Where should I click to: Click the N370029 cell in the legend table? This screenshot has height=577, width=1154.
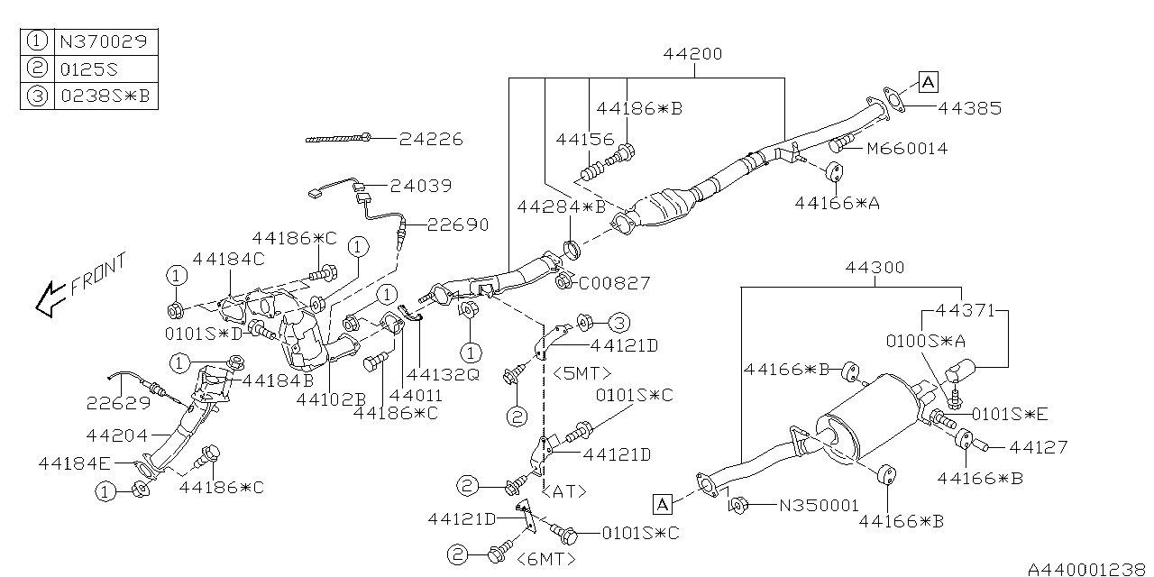105,41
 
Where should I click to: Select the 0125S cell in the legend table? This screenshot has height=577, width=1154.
105,69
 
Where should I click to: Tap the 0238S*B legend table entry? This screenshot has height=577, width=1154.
105,96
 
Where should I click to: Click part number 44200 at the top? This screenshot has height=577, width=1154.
692,54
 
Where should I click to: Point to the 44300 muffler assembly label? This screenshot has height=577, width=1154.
875,268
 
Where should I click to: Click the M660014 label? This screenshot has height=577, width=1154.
907,149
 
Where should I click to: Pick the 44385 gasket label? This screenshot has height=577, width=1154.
969,108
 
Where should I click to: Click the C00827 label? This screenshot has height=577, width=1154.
614,283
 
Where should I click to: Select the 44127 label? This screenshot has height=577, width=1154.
1038,446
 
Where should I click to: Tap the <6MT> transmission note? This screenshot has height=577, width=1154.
545,559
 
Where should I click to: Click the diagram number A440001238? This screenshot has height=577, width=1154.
1087,569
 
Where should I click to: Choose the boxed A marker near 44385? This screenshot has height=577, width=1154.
929,84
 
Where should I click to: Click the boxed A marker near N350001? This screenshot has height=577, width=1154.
665,503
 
